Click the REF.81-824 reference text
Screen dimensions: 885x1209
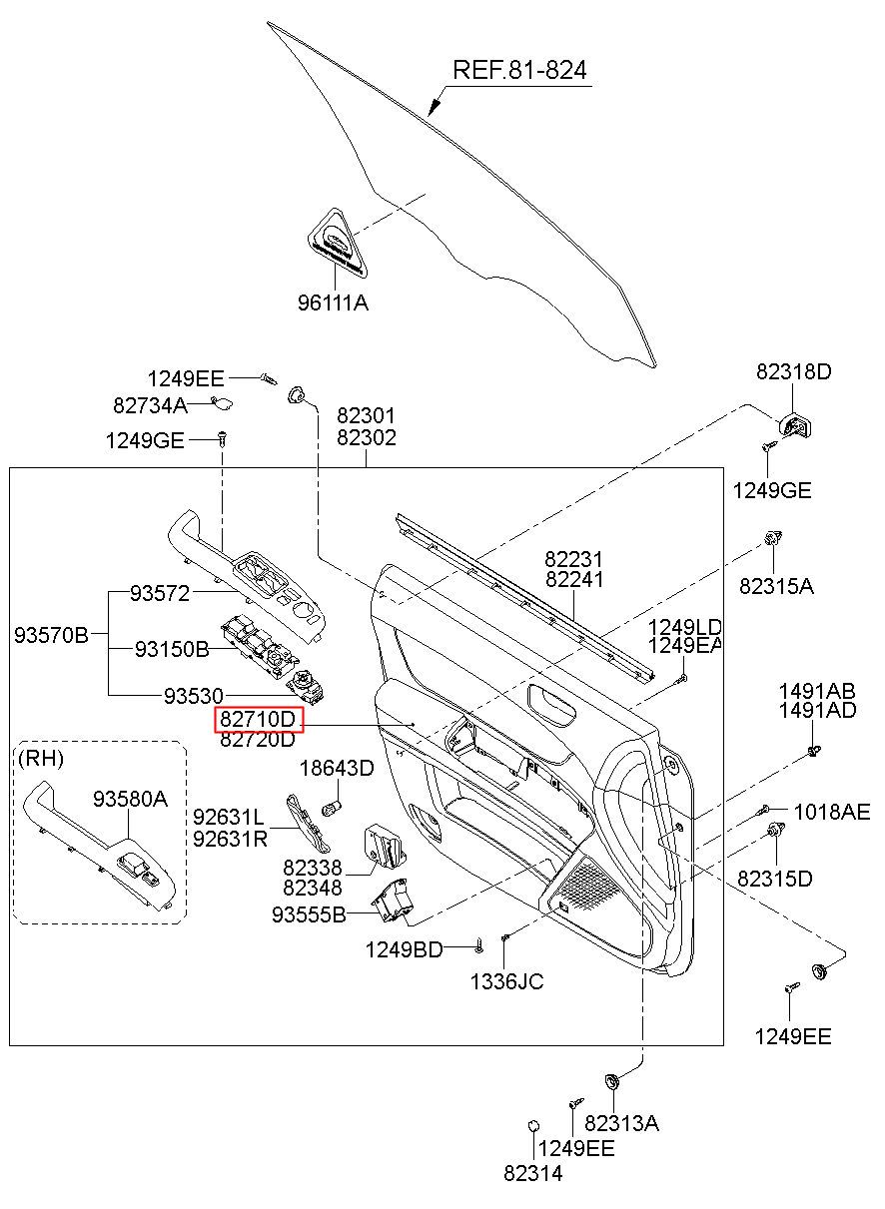(519, 70)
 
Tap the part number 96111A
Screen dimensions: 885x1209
(334, 302)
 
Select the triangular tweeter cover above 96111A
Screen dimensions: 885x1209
(336, 243)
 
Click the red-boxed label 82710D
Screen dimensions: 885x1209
(259, 719)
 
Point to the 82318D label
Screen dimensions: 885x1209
(793, 371)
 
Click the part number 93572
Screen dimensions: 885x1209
(160, 593)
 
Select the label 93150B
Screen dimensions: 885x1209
(172, 648)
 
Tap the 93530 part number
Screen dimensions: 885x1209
(194, 696)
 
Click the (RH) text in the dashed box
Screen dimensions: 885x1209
(41, 759)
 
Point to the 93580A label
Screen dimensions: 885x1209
(130, 799)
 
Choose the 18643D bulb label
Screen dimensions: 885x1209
(337, 768)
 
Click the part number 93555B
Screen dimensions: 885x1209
(309, 913)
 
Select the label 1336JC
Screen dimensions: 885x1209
(507, 981)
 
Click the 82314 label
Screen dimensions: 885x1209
(533, 1188)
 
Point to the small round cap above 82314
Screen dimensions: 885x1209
(533, 1126)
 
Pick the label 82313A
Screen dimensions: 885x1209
(621, 1123)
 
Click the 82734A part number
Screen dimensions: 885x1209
(150, 404)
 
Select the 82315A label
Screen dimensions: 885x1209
(776, 586)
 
